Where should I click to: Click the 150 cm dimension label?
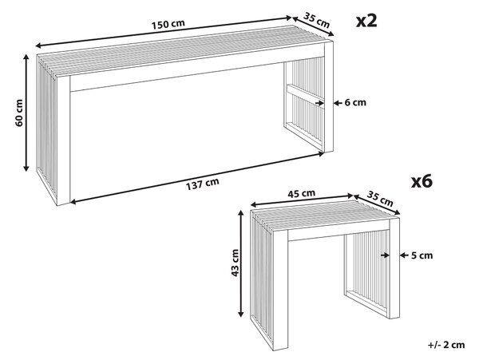click(168, 24)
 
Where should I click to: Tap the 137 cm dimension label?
click(203, 184)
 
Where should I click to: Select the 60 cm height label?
click(18, 113)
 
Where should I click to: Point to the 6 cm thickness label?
click(355, 103)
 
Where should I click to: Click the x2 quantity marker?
click(366, 21)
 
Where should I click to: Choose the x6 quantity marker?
click(422, 181)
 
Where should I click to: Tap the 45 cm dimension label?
click(301, 193)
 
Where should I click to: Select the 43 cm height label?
click(235, 263)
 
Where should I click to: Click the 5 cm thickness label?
click(422, 255)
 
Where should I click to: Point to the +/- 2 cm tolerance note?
click(446, 345)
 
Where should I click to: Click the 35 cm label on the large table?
click(317, 20)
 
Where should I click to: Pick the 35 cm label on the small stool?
click(380, 199)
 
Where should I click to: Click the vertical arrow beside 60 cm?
click(26, 113)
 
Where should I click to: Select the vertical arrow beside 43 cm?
click(241, 263)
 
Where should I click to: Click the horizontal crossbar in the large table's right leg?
click(305, 95)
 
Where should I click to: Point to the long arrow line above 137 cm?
click(197, 178)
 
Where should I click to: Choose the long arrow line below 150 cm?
click(164, 32)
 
